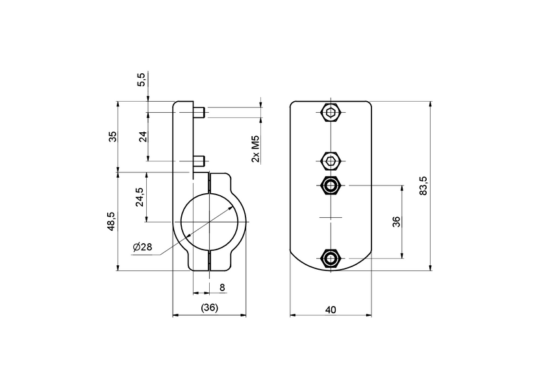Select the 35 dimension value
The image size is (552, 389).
(x=112, y=136)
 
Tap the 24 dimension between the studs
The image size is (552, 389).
(x=143, y=136)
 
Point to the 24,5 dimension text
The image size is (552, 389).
(x=140, y=197)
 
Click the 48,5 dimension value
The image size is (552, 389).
(x=112, y=221)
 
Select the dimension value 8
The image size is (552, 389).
(x=222, y=287)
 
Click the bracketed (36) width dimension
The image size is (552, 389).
(x=209, y=307)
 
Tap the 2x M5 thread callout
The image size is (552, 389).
(x=256, y=149)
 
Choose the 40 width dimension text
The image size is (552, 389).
(x=330, y=310)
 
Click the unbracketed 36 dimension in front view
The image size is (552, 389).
(x=396, y=221)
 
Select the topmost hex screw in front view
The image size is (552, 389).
(x=331, y=113)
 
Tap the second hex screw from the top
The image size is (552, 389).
(x=331, y=159)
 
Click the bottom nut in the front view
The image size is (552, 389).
(x=331, y=259)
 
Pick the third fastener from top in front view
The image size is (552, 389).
(x=331, y=185)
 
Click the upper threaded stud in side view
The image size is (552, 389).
(x=199, y=113)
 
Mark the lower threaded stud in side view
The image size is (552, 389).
(x=199, y=159)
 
